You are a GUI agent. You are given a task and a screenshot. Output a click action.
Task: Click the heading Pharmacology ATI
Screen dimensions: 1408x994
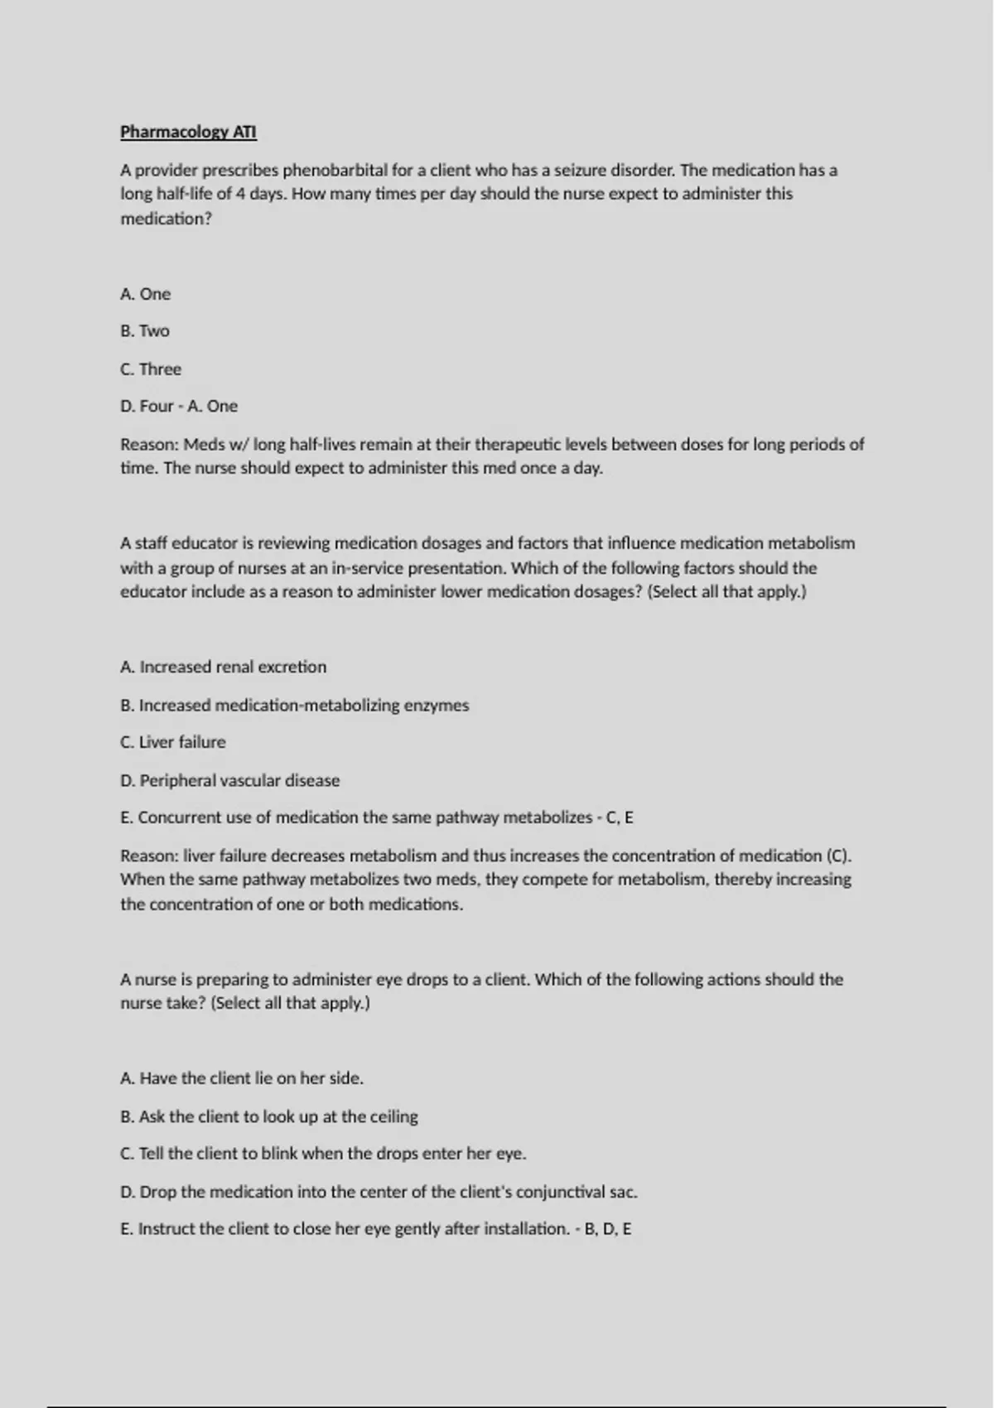point(188,132)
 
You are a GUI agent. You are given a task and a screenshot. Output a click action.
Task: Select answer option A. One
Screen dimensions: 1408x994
point(145,294)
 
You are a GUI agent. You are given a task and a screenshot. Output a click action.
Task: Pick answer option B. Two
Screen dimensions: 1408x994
point(144,331)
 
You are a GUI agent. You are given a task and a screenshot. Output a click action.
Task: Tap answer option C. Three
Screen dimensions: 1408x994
point(150,369)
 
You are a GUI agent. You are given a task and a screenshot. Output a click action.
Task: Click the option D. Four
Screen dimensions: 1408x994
point(147,407)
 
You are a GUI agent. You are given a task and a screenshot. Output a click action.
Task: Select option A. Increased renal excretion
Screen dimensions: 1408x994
point(223,668)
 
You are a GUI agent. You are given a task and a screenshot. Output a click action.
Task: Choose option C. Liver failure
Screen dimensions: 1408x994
point(172,742)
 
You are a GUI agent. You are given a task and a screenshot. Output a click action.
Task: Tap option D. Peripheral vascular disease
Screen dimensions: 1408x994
point(229,780)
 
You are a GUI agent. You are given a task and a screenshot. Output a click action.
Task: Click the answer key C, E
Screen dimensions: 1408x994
point(620,817)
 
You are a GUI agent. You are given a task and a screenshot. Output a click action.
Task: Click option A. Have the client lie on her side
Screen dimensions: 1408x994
point(241,1078)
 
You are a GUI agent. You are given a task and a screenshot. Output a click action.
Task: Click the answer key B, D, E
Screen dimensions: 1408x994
point(608,1229)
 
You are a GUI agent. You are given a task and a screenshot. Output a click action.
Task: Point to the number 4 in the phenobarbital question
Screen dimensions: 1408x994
point(240,195)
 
